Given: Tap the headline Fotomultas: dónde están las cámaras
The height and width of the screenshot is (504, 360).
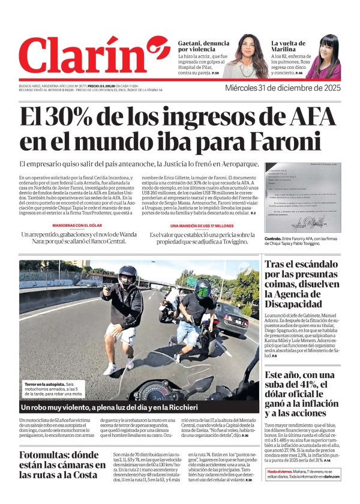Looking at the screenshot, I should click(62, 465).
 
